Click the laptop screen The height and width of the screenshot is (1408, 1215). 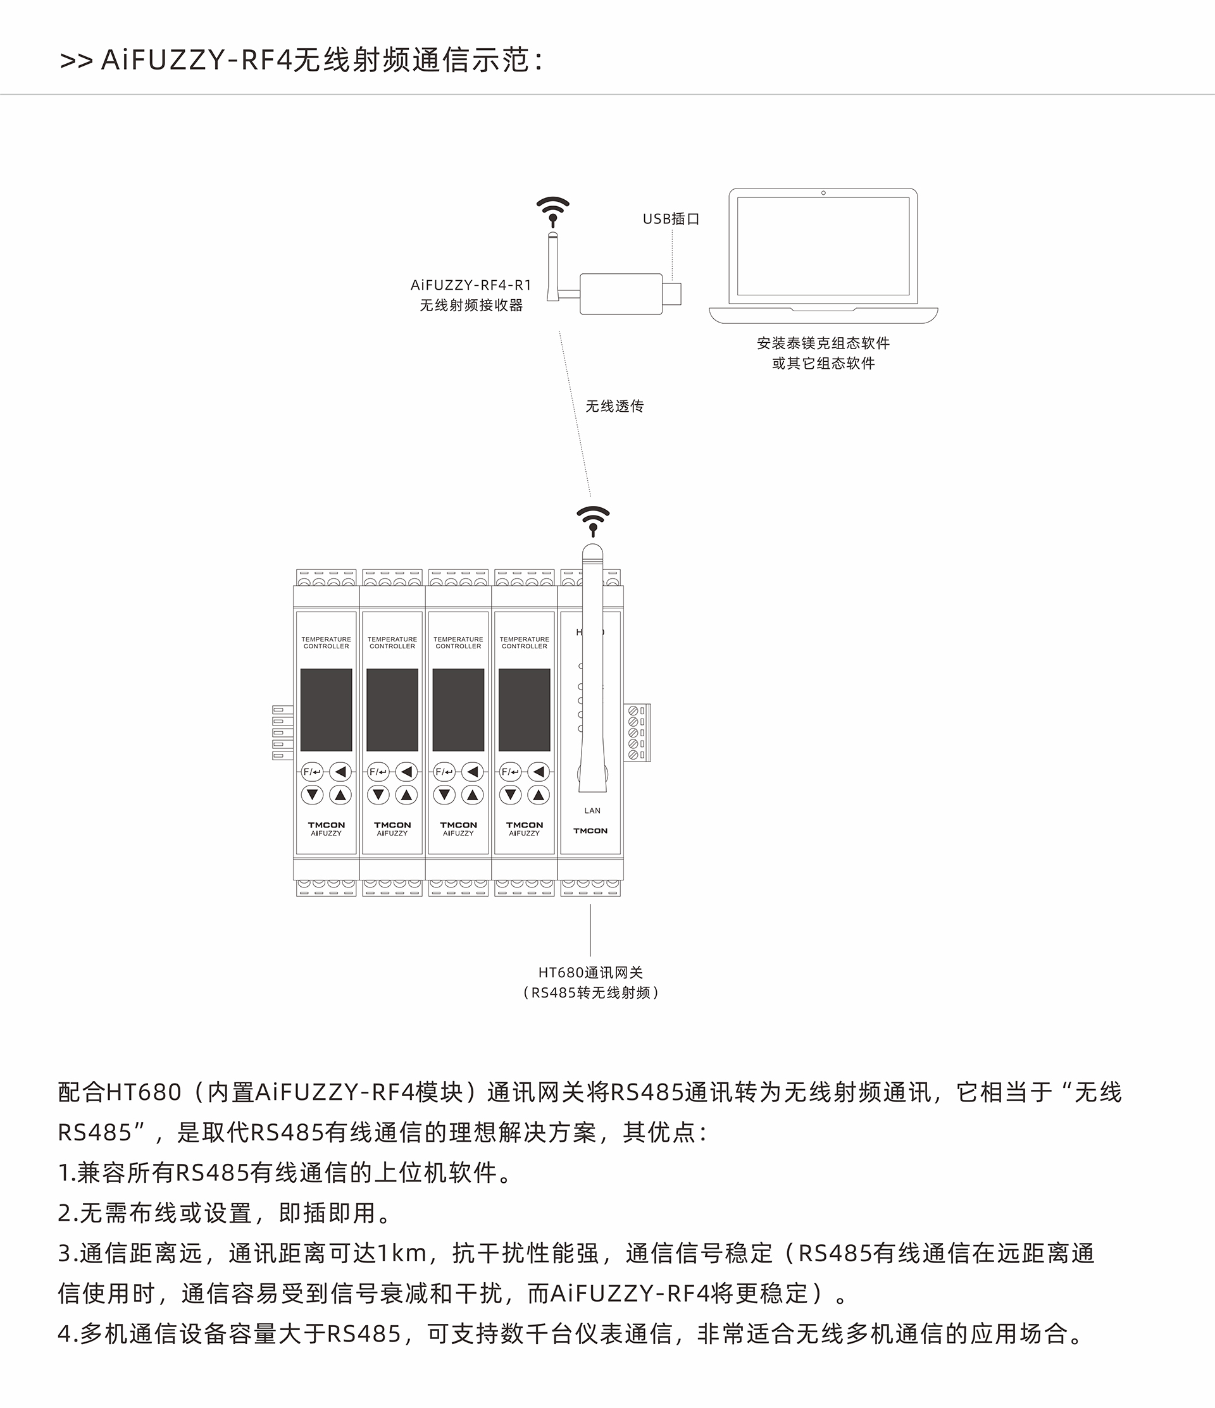pyautogui.click(x=823, y=246)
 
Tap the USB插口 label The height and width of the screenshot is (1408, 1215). pyautogui.click(x=671, y=219)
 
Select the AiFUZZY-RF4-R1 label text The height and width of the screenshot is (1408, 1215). pyautogui.click(x=471, y=285)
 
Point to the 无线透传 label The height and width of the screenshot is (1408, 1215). pyautogui.click(x=614, y=406)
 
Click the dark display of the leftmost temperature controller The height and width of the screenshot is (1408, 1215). pyautogui.click(x=327, y=710)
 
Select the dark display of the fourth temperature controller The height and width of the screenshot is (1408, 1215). pyautogui.click(x=524, y=710)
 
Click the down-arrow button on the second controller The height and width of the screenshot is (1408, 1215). pyautogui.click(x=378, y=794)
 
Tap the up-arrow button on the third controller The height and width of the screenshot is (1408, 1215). pyautogui.click(x=473, y=794)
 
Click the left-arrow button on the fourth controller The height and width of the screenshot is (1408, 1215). pyautogui.click(x=539, y=772)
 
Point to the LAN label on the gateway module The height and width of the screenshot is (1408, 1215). pyautogui.click(x=592, y=811)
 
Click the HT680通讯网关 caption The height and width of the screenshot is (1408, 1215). pyautogui.click(x=590, y=973)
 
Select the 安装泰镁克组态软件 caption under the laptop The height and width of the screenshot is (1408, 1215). pyautogui.click(x=823, y=343)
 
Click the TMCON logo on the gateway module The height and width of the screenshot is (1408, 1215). pyautogui.click(x=590, y=831)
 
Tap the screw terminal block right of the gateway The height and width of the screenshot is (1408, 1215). pyautogui.click(x=638, y=732)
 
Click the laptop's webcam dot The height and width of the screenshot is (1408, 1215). pyautogui.click(x=823, y=193)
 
